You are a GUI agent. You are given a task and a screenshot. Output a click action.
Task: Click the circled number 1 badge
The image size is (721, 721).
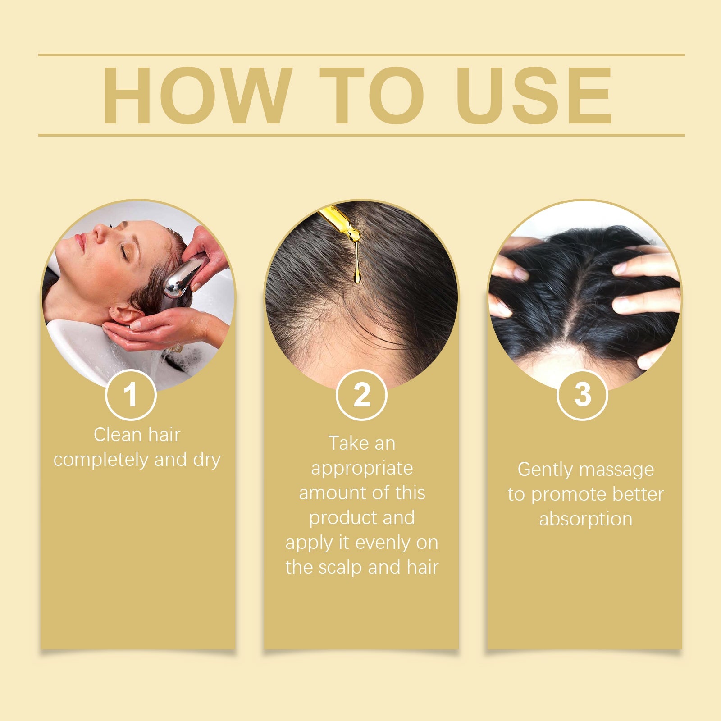pyautogui.click(x=131, y=395)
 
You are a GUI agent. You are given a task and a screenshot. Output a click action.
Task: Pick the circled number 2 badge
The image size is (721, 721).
pyautogui.click(x=361, y=395)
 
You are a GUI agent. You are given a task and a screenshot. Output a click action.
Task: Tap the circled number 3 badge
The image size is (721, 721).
pyautogui.click(x=582, y=395)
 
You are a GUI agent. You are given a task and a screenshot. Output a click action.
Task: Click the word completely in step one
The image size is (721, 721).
pyautogui.click(x=101, y=460)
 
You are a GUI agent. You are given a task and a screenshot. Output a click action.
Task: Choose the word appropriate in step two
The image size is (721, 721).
pyautogui.click(x=362, y=469)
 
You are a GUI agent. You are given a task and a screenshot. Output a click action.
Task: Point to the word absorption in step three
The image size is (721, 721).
pyautogui.click(x=585, y=519)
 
